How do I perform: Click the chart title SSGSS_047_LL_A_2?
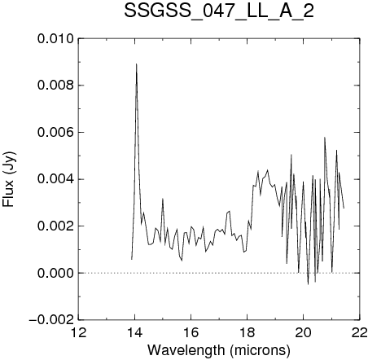pos(219,11)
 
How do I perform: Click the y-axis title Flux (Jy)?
pos(9,179)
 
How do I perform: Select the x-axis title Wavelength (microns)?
pos(219,350)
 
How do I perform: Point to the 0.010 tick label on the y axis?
pos(55,39)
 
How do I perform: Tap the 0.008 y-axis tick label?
pos(55,86)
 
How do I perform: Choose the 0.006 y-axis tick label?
pos(55,132)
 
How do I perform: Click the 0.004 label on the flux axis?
pos(55,179)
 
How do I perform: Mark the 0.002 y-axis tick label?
pos(55,226)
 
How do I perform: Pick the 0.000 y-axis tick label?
pos(55,273)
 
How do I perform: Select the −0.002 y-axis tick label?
pos(51,319)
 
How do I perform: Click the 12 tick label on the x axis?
pos(79,332)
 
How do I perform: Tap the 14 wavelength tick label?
pos(135,332)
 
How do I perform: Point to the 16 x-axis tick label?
pos(191,332)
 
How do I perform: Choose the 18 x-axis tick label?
pos(248,332)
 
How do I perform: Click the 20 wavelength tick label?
pos(304,332)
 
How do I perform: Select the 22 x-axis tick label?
pos(360,332)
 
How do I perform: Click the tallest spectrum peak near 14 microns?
pos(137,64)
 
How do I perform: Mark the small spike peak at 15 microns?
pos(163,199)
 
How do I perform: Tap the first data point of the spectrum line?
pos(132,259)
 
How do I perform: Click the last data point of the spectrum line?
pos(344,208)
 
